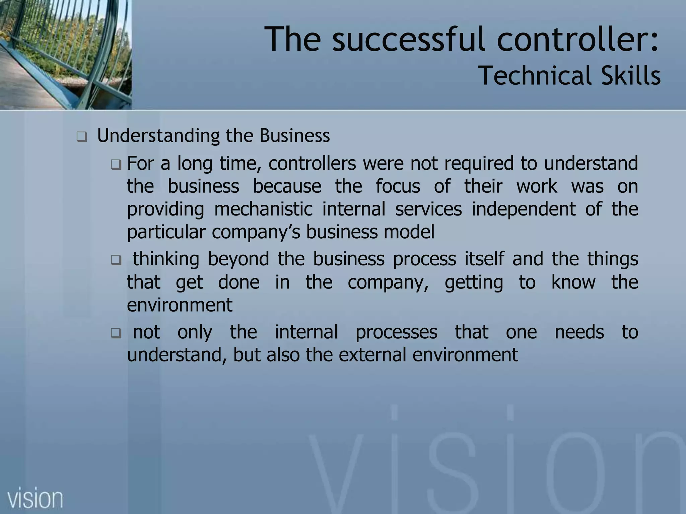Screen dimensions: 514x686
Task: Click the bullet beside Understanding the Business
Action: coord(81,137)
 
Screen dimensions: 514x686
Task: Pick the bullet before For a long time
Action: coord(116,164)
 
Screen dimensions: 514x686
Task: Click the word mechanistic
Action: coord(263,209)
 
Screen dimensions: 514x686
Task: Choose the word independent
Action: coord(524,210)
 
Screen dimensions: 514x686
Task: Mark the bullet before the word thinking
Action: coord(116,260)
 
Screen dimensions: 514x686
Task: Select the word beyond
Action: coord(238,259)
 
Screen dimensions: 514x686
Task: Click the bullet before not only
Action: coord(116,333)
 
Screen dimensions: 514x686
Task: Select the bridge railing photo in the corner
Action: coord(66,54)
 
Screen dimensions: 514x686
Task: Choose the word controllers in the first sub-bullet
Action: coord(312,164)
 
